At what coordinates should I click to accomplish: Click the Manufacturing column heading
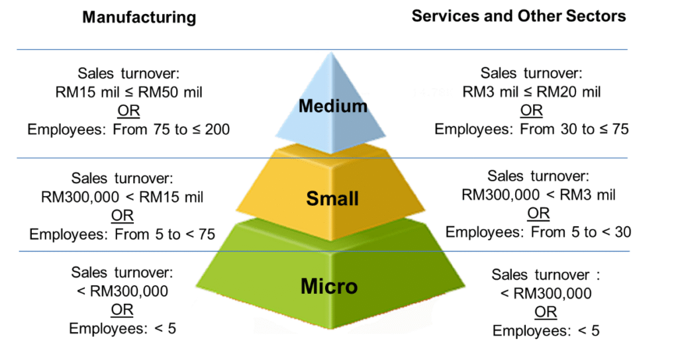(x=139, y=17)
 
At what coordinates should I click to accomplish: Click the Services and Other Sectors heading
(x=518, y=16)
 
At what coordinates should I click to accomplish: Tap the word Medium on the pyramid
(x=332, y=106)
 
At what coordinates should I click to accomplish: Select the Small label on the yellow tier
(x=332, y=198)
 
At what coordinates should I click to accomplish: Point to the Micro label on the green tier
(x=329, y=286)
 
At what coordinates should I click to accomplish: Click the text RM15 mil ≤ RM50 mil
(x=129, y=92)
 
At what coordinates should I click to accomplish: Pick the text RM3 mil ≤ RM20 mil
(x=532, y=92)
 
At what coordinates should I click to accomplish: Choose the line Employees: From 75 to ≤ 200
(x=129, y=130)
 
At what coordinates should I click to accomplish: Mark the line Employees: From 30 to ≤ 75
(x=532, y=130)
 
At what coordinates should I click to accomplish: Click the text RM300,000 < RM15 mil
(x=122, y=197)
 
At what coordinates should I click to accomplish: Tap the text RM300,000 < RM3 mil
(x=538, y=195)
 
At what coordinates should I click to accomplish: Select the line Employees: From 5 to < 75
(x=122, y=234)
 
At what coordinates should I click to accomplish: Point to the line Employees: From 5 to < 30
(x=538, y=232)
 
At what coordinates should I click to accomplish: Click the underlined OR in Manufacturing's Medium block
(x=129, y=111)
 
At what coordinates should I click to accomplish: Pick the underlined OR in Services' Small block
(x=538, y=213)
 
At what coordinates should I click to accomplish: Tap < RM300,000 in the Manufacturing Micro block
(x=122, y=291)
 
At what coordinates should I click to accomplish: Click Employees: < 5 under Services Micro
(x=546, y=330)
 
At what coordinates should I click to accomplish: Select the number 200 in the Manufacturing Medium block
(x=217, y=130)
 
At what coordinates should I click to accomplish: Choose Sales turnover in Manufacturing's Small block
(x=122, y=178)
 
